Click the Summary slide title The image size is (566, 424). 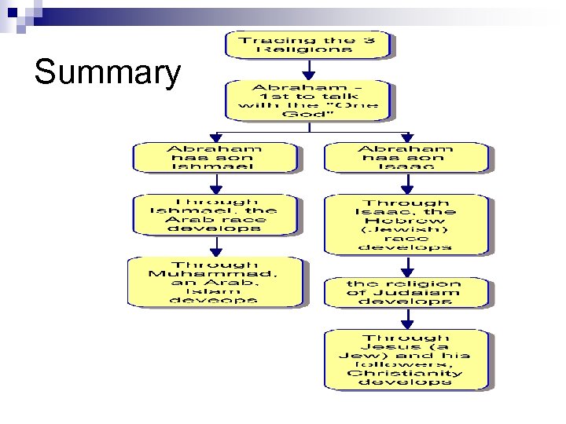click(107, 73)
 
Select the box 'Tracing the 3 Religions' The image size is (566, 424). click(307, 44)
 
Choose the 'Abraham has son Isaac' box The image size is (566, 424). click(406, 157)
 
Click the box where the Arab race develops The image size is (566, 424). click(214, 214)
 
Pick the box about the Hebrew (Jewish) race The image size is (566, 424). click(406, 224)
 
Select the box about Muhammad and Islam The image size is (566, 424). click(214, 282)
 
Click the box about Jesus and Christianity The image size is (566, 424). click(406, 359)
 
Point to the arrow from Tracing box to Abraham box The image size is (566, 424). click(308, 69)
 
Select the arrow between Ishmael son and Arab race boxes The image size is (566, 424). click(215, 183)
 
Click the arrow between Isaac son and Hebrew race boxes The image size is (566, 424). click(406, 184)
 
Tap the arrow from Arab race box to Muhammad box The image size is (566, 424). click(215, 246)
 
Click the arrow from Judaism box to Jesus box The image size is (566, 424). click(406, 317)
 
